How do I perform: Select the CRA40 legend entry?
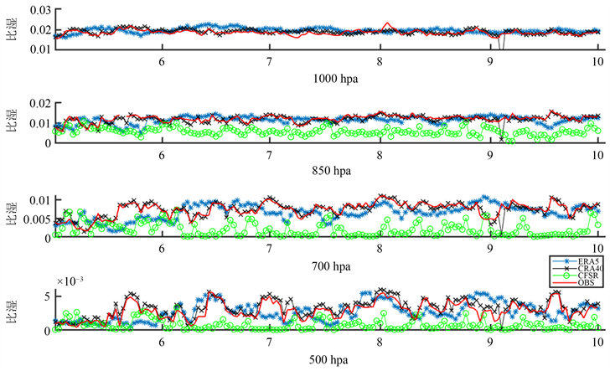pos(585,270)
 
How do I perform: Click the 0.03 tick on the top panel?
pos(39,8)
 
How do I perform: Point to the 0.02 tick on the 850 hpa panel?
pos(39,104)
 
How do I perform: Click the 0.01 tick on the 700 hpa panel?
pos(39,199)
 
